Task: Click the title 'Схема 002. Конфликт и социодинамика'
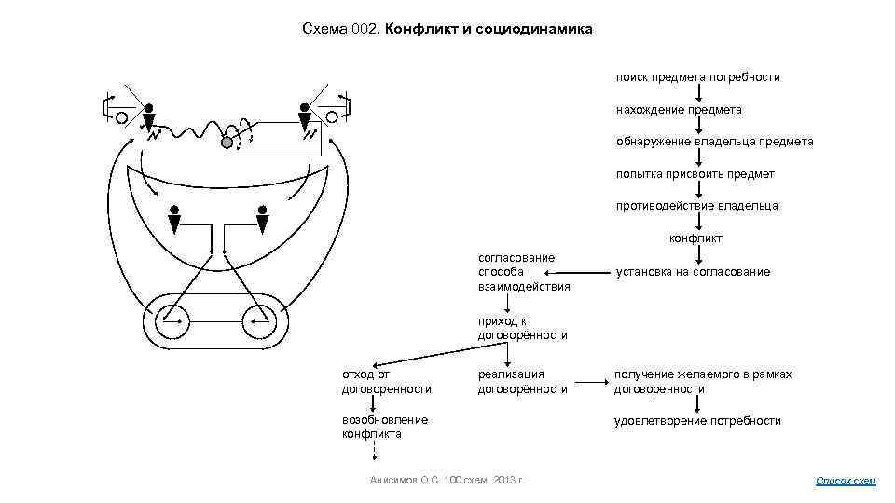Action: point(447,30)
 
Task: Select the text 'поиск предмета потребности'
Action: point(696,76)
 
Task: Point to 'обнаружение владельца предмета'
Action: point(713,142)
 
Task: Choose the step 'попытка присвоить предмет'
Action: point(694,174)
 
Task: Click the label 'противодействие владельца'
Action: point(695,206)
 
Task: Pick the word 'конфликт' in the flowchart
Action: point(695,238)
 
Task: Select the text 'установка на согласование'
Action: point(692,272)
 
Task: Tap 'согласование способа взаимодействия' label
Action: point(523,271)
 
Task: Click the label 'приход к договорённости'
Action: point(522,328)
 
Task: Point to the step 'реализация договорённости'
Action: point(522,381)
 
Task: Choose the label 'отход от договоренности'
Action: point(386,381)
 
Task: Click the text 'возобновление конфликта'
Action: point(384,427)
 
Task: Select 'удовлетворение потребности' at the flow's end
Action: point(696,421)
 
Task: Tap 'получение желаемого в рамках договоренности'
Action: point(702,381)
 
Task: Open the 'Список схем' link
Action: point(846,481)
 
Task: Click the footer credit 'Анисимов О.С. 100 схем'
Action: point(447,480)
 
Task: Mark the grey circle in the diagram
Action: point(226,143)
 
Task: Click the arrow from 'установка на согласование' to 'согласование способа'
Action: point(591,273)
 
